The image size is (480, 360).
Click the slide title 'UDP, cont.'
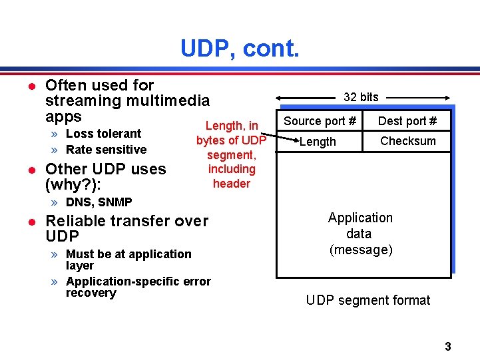point(240,48)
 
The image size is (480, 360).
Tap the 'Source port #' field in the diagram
point(320,121)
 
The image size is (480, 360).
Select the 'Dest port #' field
point(407,121)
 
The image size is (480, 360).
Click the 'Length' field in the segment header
point(318,142)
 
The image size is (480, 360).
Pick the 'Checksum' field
point(407,141)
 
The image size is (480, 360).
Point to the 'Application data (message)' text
point(360,234)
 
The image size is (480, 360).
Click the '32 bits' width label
point(361,97)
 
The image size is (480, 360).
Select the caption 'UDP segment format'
point(368,300)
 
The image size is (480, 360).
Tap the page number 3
point(448,346)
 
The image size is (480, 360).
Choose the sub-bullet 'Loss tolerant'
point(104,134)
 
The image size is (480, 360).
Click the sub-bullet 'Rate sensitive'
point(106,150)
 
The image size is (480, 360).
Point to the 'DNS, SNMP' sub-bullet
point(99,202)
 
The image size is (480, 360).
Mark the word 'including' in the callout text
point(232,169)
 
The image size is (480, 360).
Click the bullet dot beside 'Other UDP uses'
point(30,169)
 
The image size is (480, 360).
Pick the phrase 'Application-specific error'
point(138,281)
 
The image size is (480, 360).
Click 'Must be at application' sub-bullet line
point(128,254)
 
